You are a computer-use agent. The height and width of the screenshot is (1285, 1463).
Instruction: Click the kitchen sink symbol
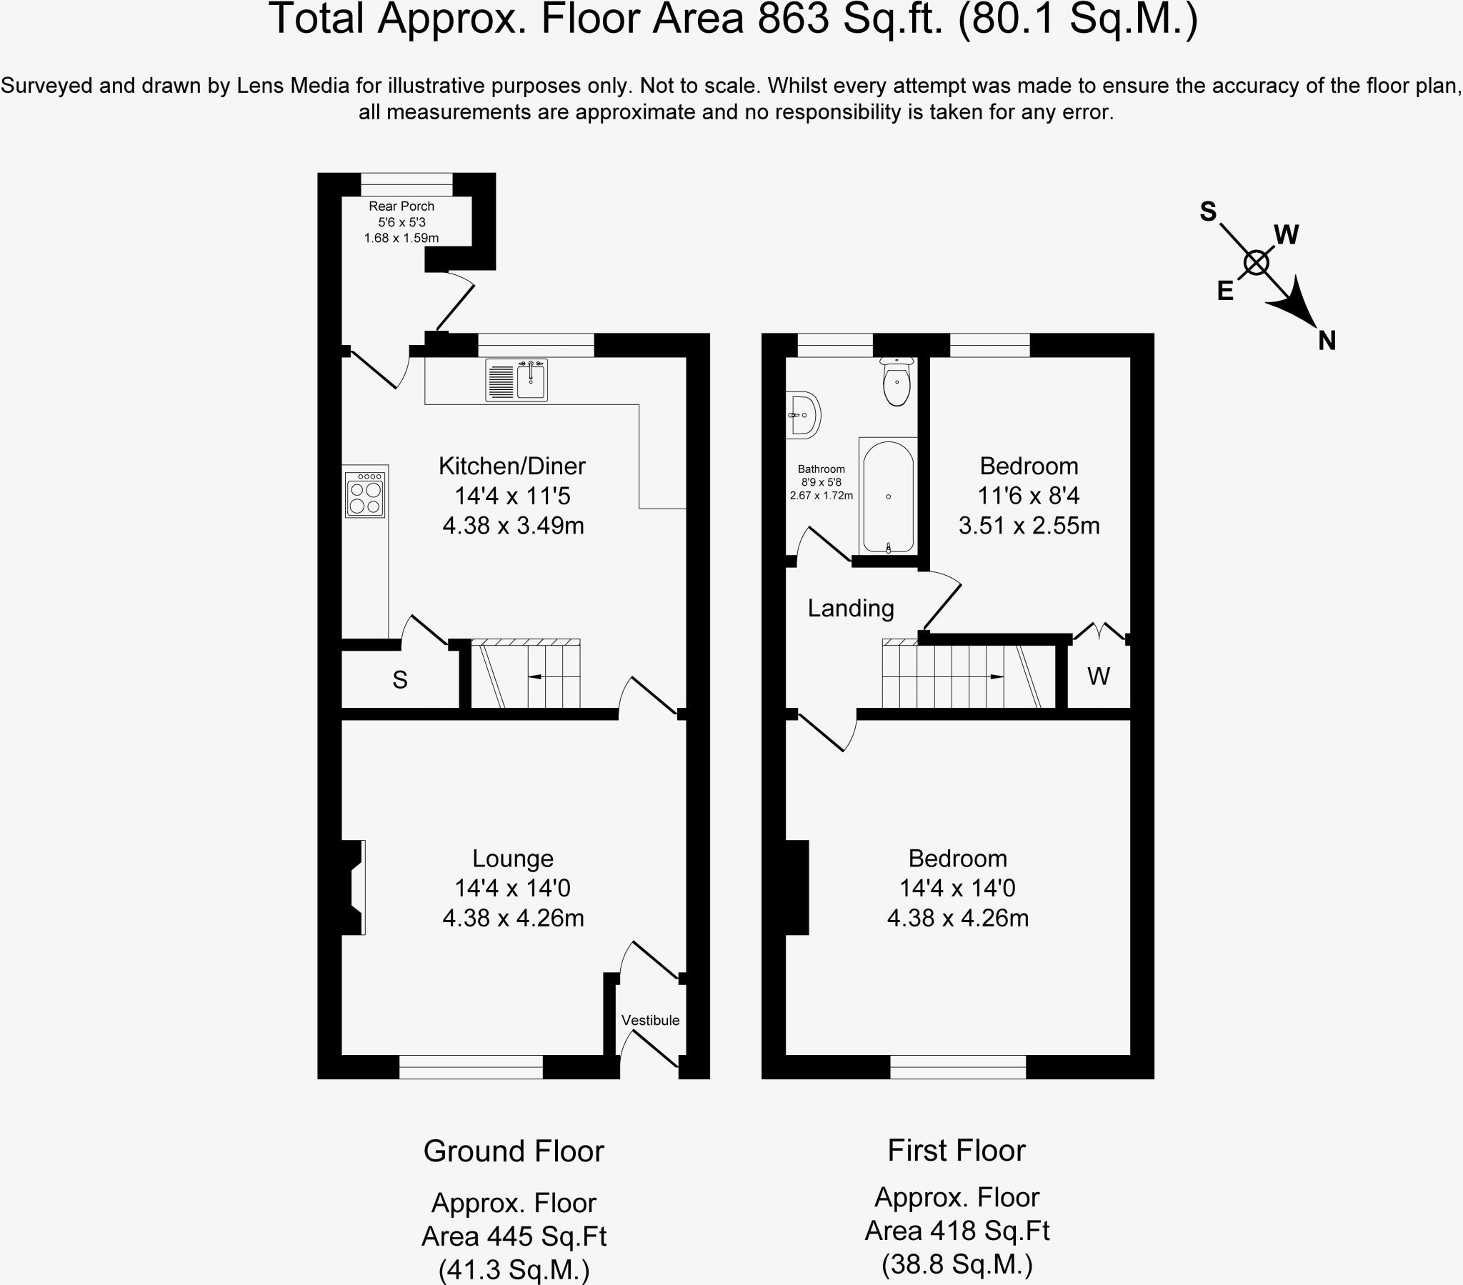516,379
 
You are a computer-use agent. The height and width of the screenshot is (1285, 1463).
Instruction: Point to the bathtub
888,497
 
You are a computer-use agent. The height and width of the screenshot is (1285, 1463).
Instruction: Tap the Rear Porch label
401,206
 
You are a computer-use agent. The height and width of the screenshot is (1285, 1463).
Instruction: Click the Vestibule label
650,1020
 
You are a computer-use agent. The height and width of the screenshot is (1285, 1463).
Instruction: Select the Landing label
850,609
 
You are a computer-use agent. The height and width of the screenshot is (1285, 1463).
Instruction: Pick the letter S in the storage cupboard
399,680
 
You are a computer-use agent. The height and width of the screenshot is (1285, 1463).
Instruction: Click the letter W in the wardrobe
1098,676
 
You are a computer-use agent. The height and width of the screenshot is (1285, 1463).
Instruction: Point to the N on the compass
1327,341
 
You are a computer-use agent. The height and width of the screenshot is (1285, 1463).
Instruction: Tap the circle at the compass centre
1256,264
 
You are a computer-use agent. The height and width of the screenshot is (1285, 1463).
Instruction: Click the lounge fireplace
353,888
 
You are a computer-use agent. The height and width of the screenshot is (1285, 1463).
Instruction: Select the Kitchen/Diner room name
511,466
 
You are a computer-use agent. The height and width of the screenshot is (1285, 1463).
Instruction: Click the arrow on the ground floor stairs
534,676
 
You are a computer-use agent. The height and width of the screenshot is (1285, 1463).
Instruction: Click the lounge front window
470,1066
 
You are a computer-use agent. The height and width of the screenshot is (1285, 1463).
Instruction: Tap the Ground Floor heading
513,1151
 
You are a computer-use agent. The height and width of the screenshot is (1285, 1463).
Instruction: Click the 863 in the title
793,19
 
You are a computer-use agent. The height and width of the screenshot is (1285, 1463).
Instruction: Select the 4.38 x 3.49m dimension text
513,526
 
